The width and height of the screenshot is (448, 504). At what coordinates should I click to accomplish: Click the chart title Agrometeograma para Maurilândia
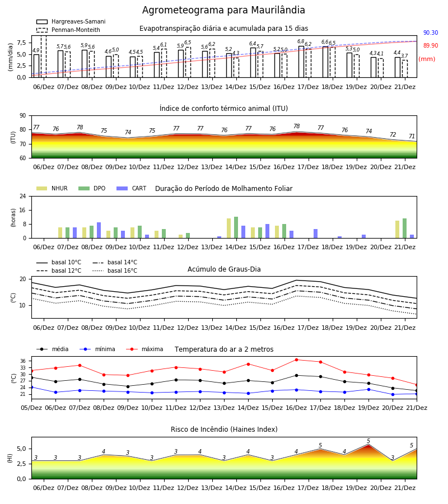tap(223, 10)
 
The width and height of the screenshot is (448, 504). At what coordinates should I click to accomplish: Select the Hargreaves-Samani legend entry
tap(71, 21)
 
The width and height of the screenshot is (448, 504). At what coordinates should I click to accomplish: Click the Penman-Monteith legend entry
tap(68, 30)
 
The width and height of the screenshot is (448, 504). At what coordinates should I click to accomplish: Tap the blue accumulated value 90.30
tap(431, 33)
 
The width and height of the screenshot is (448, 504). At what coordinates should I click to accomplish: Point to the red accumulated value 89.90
tap(431, 46)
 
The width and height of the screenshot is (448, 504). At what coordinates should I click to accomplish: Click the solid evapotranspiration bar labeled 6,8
tap(301, 62)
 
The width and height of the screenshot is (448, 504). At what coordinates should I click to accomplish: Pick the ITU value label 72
tap(393, 134)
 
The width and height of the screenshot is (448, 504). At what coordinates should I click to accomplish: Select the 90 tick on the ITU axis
tap(23, 116)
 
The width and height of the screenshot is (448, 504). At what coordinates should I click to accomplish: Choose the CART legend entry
tap(132, 188)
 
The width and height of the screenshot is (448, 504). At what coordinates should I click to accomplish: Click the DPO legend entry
tap(92, 188)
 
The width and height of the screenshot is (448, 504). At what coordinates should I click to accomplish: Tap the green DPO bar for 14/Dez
tap(236, 227)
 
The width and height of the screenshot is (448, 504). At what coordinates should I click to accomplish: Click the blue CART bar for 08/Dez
tap(99, 230)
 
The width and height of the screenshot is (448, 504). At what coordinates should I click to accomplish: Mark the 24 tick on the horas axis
tap(23, 197)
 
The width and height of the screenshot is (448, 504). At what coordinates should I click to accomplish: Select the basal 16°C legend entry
tap(115, 270)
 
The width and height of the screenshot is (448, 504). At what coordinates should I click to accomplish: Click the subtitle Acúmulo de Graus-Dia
tap(224, 269)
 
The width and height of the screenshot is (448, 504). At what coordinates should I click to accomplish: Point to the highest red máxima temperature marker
tap(296, 360)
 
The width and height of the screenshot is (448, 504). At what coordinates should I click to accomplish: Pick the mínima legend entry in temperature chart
tap(97, 349)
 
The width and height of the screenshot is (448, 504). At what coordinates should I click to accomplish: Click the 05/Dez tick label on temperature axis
tap(31, 408)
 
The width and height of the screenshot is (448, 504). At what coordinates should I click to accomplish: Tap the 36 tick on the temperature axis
tap(23, 361)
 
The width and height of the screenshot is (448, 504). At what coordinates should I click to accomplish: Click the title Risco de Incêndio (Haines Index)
tap(224, 430)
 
